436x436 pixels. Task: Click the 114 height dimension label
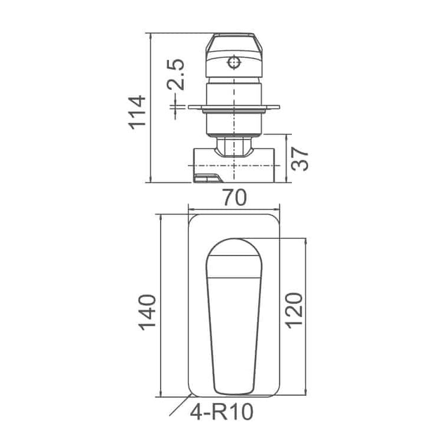tap(137, 112)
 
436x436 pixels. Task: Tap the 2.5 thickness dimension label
tap(176, 75)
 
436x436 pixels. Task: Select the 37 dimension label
tap(300, 159)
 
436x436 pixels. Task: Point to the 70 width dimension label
tap(235, 198)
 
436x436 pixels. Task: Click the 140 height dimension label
tap(147, 312)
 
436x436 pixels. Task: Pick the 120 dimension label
tap(294, 311)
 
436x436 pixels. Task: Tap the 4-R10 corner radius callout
tap(222, 412)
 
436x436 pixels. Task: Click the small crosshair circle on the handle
tap(234, 63)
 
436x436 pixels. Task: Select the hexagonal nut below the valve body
tap(234, 147)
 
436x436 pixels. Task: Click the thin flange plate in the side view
tap(234, 107)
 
